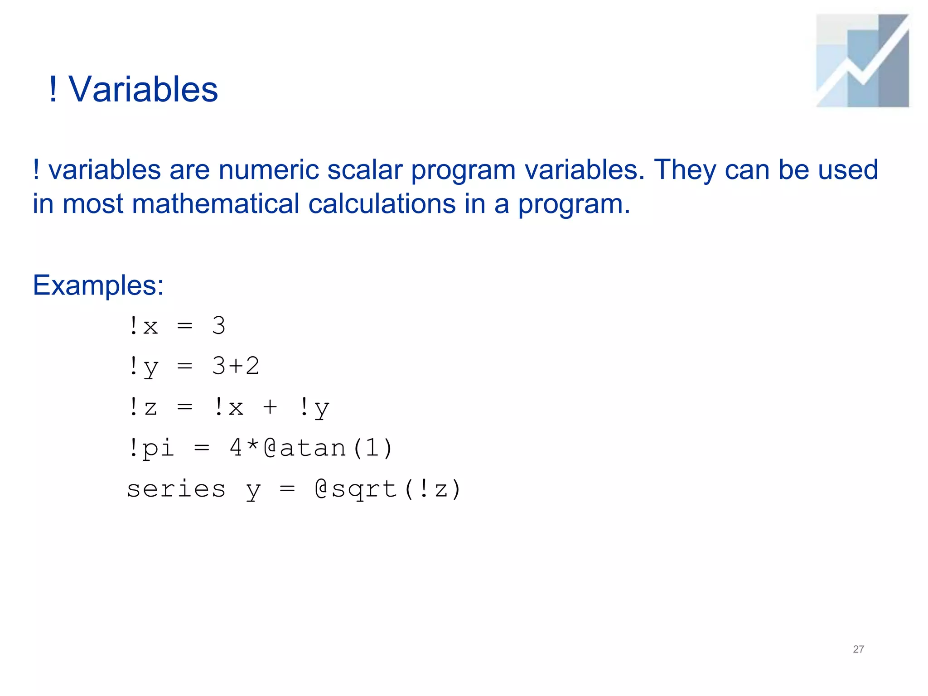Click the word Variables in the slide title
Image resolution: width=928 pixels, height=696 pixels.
tap(143, 89)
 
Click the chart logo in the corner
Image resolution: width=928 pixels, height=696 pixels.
tap(862, 61)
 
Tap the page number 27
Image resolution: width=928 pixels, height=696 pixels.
tap(858, 649)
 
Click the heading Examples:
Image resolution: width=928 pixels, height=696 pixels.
tap(98, 285)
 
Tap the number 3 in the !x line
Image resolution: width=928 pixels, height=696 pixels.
tap(218, 325)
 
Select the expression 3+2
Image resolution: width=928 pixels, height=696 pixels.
tap(236, 366)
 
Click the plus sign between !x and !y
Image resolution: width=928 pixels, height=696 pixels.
tap(270, 406)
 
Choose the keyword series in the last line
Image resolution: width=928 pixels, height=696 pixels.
tap(176, 488)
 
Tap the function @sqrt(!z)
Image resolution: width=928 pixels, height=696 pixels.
tap(388, 489)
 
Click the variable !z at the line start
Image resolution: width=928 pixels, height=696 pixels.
tap(143, 406)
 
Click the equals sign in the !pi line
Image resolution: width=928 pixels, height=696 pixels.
tap(202, 448)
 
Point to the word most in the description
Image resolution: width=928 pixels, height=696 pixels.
tap(92, 204)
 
